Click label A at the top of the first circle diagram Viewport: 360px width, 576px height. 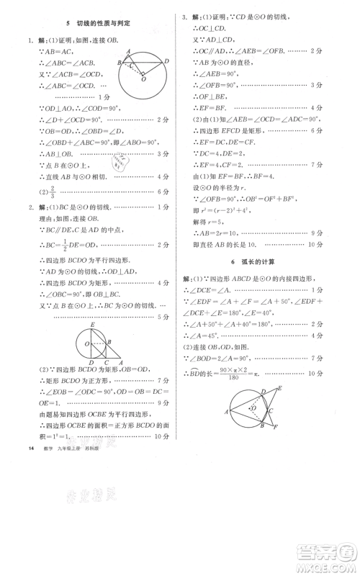point(128,52)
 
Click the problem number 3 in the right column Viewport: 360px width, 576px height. point(184,16)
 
